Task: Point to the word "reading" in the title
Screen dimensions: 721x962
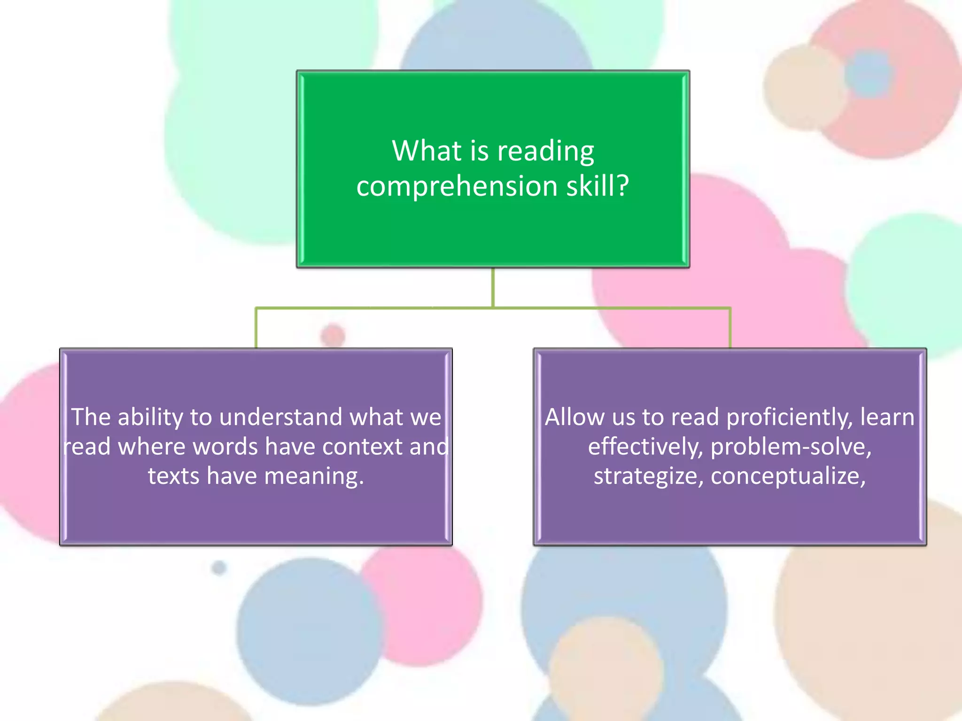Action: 545,152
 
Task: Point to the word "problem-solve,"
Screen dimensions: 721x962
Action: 791,447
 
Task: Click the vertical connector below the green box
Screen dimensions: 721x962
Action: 493,287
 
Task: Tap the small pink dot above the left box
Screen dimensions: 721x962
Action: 333,335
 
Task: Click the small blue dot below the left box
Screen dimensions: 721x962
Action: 219,568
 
